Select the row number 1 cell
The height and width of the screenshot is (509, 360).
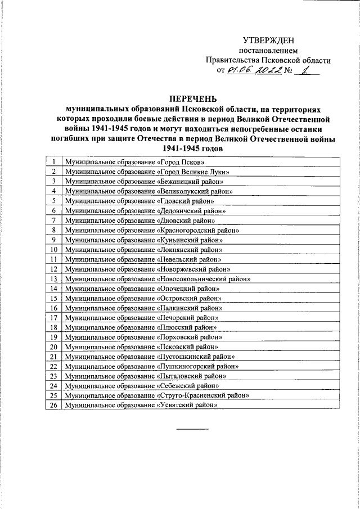click(x=54, y=161)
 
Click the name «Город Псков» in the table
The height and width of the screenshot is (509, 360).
click(x=182, y=161)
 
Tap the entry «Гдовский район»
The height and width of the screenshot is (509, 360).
click(x=184, y=200)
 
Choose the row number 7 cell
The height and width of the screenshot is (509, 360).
click(x=54, y=220)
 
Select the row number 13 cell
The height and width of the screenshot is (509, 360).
click(x=54, y=278)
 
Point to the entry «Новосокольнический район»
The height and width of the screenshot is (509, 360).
click(x=202, y=278)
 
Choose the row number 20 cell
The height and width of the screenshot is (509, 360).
click(x=54, y=346)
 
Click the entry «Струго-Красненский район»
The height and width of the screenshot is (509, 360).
click(x=202, y=395)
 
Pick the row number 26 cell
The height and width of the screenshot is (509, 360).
click(x=54, y=405)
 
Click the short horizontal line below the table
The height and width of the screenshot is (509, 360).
click(x=193, y=430)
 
